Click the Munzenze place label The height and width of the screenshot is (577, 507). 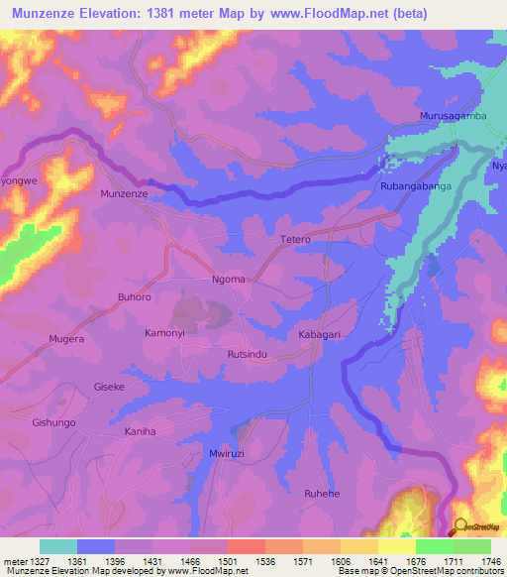124,194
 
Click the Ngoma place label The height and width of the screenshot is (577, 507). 229,279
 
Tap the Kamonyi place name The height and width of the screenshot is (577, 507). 165,332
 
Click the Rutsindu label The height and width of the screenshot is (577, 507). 248,354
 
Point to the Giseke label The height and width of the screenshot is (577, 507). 109,386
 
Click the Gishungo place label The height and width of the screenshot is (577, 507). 53,422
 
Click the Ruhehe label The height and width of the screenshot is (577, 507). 322,492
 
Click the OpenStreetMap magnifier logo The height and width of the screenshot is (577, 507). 459,526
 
